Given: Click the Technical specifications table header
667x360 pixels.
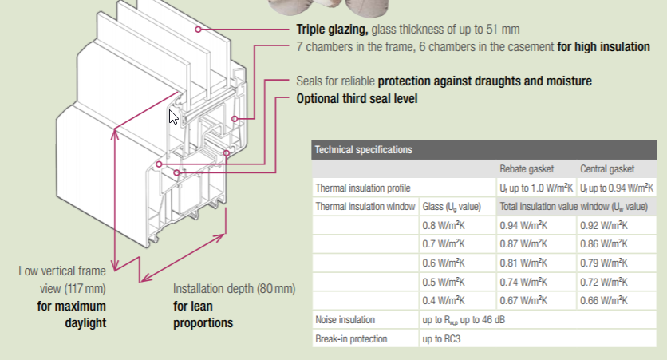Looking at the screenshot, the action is tap(484, 150).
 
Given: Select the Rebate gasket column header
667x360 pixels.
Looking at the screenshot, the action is tap(527, 169).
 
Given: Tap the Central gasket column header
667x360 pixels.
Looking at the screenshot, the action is tap(607, 169).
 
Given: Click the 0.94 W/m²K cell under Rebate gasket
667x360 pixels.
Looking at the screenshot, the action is tap(523, 226).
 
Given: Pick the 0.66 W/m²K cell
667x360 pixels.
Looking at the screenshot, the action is tap(604, 300).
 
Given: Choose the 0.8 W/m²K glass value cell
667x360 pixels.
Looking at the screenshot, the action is tap(444, 226).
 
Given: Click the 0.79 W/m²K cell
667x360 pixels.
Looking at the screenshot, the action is tap(604, 263).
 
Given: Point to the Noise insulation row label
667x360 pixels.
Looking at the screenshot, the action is tap(345, 319).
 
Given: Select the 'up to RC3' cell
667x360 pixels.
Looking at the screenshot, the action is tap(441, 338).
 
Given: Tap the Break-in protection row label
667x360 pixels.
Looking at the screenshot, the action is tap(351, 338).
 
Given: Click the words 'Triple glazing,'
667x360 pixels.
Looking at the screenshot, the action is tap(332, 30).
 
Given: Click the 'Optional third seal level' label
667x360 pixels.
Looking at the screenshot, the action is tap(357, 99).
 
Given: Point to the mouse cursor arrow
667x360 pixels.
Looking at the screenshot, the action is tap(172, 117).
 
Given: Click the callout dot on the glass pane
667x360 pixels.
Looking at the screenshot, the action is tap(198, 30).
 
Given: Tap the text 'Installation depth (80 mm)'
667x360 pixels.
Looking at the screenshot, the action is tap(234, 288).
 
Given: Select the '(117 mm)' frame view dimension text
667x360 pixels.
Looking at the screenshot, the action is tap(85, 288).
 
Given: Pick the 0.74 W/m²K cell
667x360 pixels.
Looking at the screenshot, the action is tap(523, 282).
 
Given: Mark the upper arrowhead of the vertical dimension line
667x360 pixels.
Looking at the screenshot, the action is tap(114, 133).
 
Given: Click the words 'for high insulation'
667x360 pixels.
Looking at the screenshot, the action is tap(603, 46).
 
